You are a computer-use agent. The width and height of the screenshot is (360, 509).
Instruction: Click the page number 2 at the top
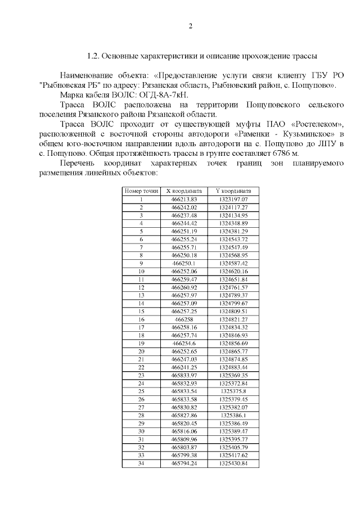click(191, 26)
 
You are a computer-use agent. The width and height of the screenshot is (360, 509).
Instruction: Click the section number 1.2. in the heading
click(94, 57)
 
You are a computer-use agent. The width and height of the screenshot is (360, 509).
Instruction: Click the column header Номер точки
click(141, 191)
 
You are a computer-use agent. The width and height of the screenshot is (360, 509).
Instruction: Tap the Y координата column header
click(233, 191)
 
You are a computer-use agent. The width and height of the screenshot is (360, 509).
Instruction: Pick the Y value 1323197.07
click(233, 200)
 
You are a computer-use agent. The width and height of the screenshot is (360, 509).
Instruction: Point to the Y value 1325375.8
click(233, 390)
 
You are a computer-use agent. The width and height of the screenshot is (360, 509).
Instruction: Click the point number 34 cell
click(141, 463)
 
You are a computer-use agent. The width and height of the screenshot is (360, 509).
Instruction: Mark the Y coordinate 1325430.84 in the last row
click(233, 463)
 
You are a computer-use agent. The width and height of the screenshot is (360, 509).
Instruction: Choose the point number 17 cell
click(141, 327)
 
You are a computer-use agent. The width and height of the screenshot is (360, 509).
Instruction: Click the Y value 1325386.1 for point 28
click(233, 415)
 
